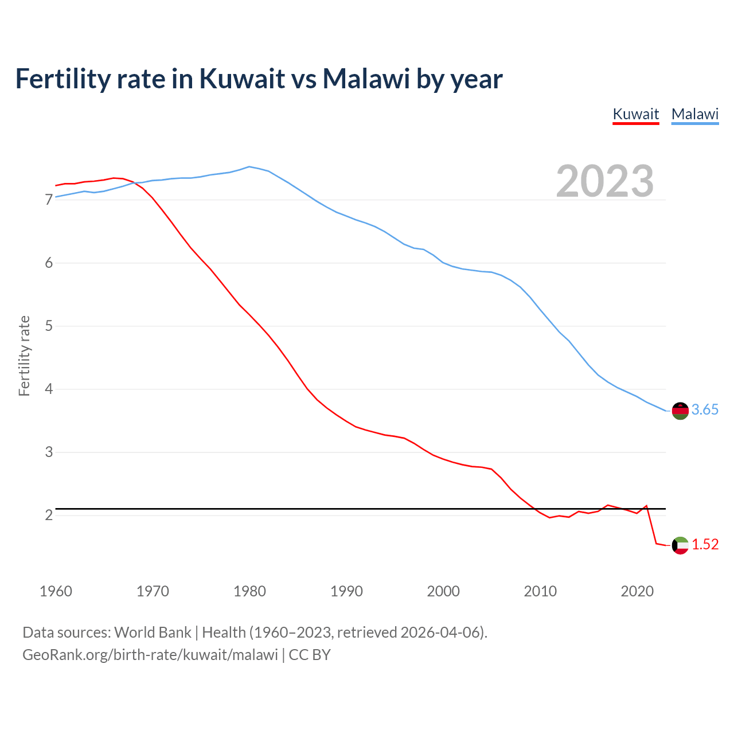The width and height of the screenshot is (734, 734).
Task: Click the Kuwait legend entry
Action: [x=635, y=114]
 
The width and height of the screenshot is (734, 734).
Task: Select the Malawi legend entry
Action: [x=694, y=114]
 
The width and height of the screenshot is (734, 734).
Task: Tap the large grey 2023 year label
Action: [x=605, y=181]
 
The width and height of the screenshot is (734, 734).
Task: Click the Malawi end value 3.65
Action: [x=705, y=409]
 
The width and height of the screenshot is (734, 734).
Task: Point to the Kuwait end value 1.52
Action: [x=705, y=544]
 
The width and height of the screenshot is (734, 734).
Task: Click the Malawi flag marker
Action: [x=680, y=411]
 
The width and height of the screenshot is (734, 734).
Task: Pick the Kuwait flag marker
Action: [x=680, y=545]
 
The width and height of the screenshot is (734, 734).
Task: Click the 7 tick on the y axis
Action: [x=49, y=200]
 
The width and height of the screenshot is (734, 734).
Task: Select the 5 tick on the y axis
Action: [x=49, y=326]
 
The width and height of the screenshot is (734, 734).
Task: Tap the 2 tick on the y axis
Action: [x=49, y=515]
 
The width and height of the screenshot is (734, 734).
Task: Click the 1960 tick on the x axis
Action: [x=56, y=591]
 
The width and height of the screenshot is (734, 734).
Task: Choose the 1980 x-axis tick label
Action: [x=249, y=591]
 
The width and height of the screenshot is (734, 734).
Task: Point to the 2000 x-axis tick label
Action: [x=443, y=591]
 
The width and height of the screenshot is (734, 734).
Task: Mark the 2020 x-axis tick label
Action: [x=637, y=591]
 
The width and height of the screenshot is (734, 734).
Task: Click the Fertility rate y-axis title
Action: [x=24, y=356]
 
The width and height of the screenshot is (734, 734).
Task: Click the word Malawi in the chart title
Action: [x=366, y=79]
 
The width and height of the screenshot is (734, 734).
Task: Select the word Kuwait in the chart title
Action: [x=242, y=79]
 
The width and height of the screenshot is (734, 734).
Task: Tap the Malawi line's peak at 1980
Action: [x=249, y=167]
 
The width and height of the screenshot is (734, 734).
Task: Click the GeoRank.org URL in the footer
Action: [x=150, y=655]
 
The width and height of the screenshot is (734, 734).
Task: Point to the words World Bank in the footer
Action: [x=153, y=633]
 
